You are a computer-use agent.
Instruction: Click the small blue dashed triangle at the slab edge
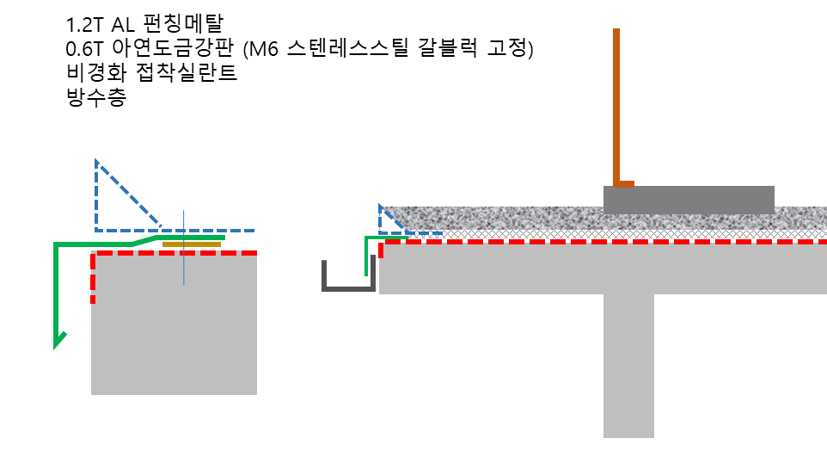tap(389, 222)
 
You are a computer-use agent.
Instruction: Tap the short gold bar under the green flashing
tap(192, 244)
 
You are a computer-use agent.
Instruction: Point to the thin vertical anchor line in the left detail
tap(183, 267)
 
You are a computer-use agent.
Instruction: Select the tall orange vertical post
tap(616, 103)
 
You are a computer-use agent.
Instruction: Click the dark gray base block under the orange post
tap(688, 200)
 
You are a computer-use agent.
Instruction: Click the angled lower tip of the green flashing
tap(59, 341)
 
